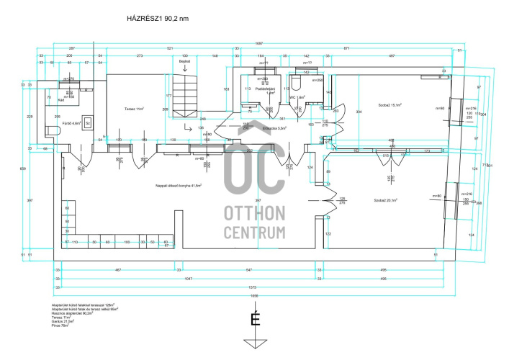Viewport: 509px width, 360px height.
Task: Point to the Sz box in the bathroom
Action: point(87,122)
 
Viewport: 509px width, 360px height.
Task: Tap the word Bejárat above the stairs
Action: point(185,62)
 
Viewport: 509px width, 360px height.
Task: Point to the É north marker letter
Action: point(254,318)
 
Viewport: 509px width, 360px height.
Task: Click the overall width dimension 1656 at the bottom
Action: point(253,296)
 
